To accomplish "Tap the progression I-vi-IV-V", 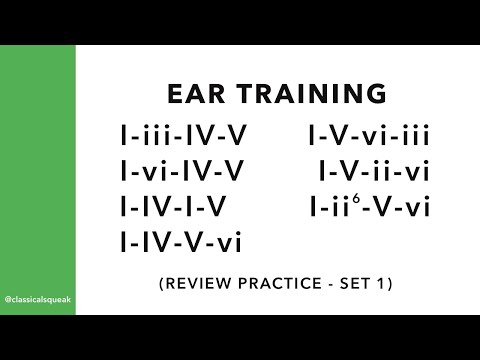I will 181,171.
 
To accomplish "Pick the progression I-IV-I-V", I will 172,207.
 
